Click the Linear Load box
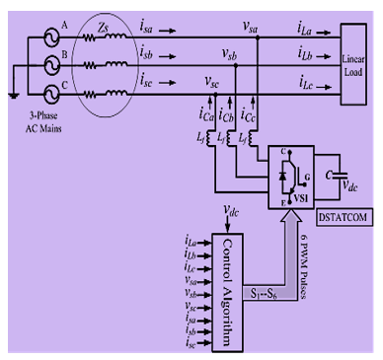tap(351, 60)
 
